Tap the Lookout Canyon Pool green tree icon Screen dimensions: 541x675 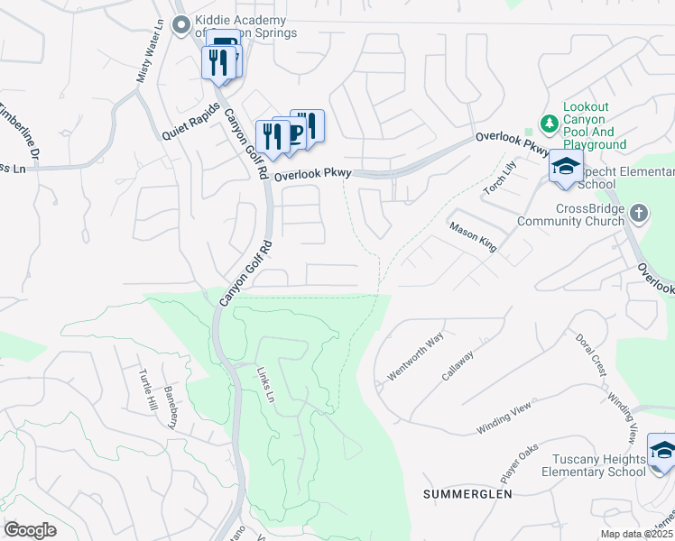coord(548,122)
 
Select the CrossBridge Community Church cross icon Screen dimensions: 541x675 coord(639,213)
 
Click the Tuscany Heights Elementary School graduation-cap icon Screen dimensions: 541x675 coord(661,451)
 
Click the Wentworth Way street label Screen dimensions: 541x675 coord(415,355)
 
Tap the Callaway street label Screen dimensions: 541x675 coord(458,364)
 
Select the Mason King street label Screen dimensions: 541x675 coord(474,238)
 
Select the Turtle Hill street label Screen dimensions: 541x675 coord(146,390)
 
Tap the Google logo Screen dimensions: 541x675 coord(31,529)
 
